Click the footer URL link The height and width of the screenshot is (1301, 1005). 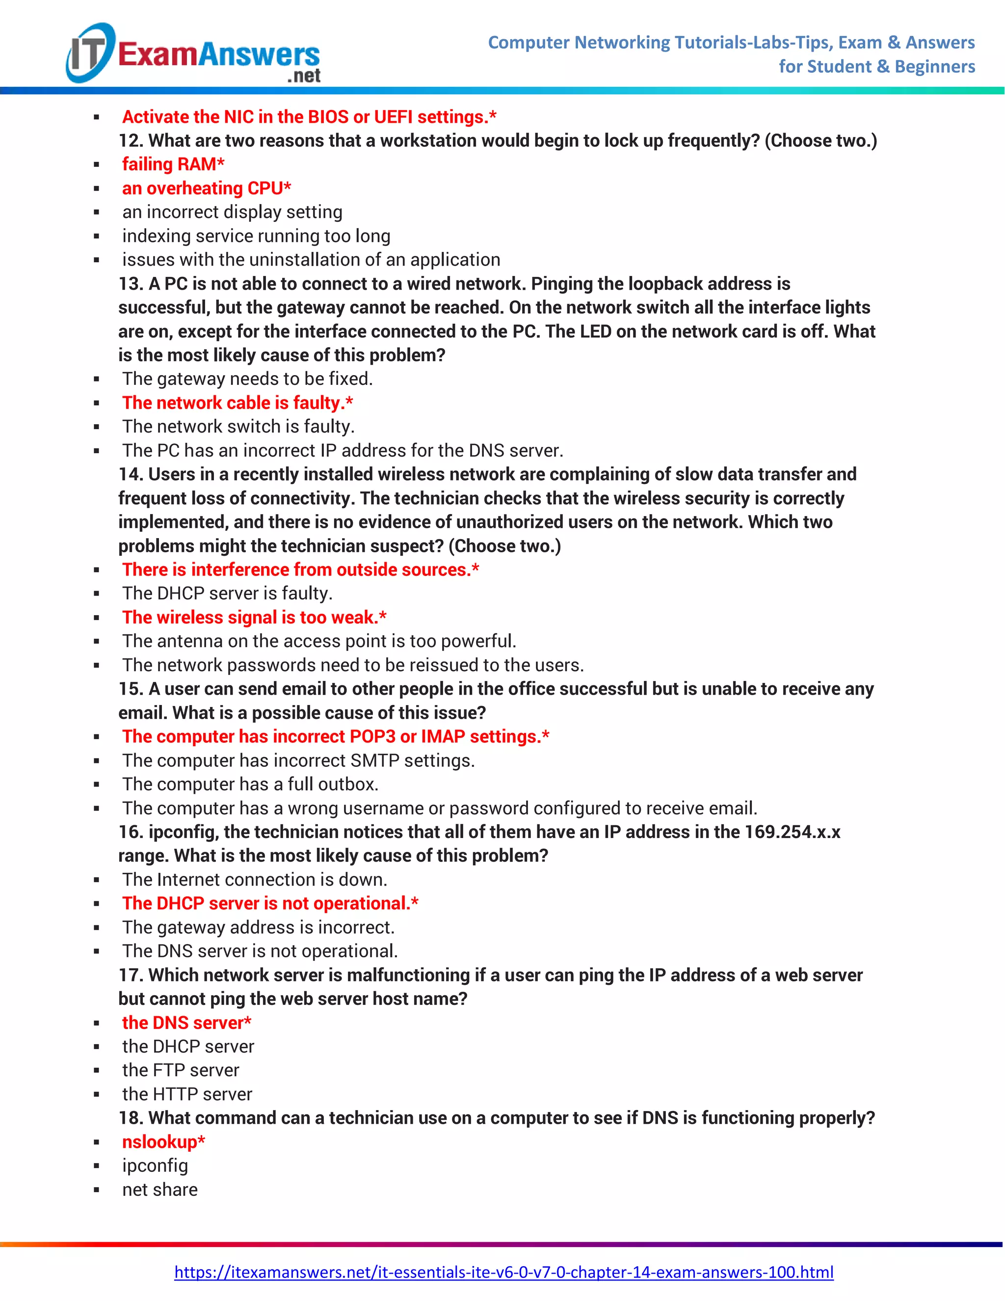[503, 1272]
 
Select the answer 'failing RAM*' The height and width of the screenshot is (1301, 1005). [173, 164]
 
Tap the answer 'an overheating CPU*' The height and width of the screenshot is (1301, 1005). [206, 188]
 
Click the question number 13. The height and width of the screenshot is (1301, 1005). [131, 284]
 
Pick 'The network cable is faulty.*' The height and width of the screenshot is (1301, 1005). [237, 403]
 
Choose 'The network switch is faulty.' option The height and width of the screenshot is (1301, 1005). [238, 427]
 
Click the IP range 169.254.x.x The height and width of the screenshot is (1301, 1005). [792, 832]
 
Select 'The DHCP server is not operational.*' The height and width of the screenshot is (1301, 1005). [270, 903]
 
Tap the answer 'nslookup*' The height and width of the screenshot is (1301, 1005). [163, 1141]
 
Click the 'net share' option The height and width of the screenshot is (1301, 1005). [159, 1189]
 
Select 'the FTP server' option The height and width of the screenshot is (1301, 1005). [181, 1070]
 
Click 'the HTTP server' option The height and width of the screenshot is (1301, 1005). [187, 1094]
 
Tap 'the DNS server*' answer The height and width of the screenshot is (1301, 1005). [186, 1022]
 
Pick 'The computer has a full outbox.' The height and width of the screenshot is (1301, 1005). [250, 784]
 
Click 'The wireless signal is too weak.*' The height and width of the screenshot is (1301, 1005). [254, 617]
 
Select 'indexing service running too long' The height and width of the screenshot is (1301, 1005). [256, 236]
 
